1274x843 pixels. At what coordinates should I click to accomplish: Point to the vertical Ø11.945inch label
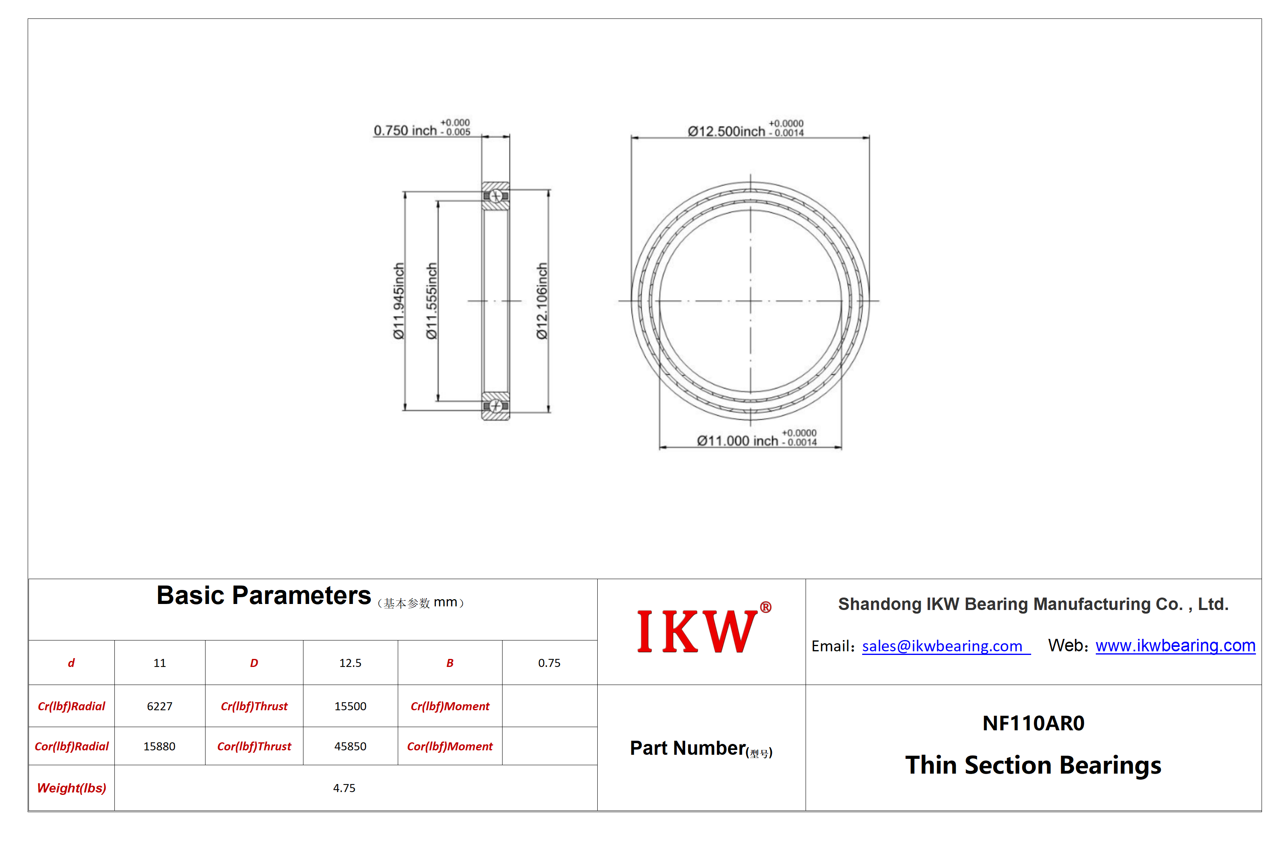[398, 301]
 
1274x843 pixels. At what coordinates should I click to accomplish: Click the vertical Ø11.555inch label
[431, 301]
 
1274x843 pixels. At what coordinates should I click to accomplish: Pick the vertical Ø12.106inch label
[542, 301]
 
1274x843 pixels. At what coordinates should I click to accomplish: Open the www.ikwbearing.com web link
[1175, 645]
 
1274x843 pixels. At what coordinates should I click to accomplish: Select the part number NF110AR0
[1033, 723]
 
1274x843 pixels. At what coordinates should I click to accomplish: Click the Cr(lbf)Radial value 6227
[160, 706]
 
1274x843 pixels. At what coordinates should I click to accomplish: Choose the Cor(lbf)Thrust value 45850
[350, 746]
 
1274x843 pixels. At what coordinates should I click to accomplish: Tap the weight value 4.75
[344, 788]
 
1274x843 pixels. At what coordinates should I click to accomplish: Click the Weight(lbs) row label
[71, 788]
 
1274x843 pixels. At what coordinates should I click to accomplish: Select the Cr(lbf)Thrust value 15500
[350, 706]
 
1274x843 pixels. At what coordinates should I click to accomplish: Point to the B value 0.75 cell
[549, 663]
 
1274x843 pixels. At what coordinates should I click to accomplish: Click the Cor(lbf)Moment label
[450, 746]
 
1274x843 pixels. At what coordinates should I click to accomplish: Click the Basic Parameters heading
[264, 596]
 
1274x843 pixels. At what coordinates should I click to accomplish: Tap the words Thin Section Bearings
[1033, 765]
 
